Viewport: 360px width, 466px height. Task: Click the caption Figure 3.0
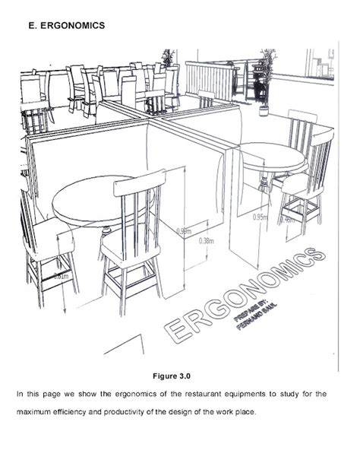[180, 375]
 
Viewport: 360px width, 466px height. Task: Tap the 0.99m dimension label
[182, 230]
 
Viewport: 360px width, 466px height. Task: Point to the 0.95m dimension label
[260, 217]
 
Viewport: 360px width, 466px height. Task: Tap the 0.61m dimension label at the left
[61, 277]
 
